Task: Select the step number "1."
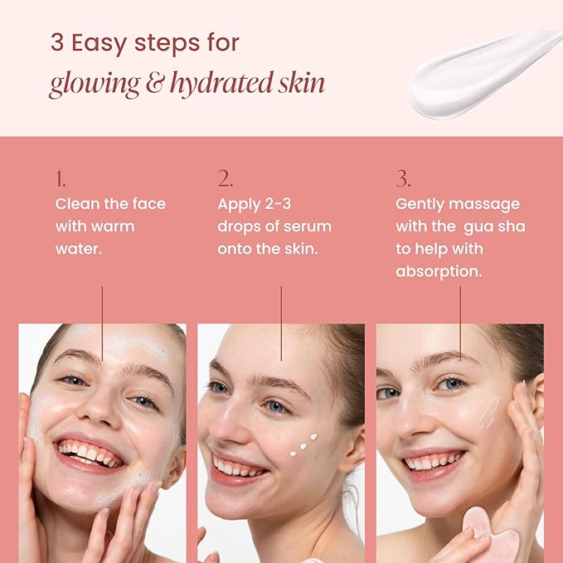coord(61,179)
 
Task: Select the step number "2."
coord(225,179)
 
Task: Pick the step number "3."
coord(403,179)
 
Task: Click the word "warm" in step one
coord(113,226)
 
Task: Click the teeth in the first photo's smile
coord(90,453)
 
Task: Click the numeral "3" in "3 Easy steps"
coord(56,44)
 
